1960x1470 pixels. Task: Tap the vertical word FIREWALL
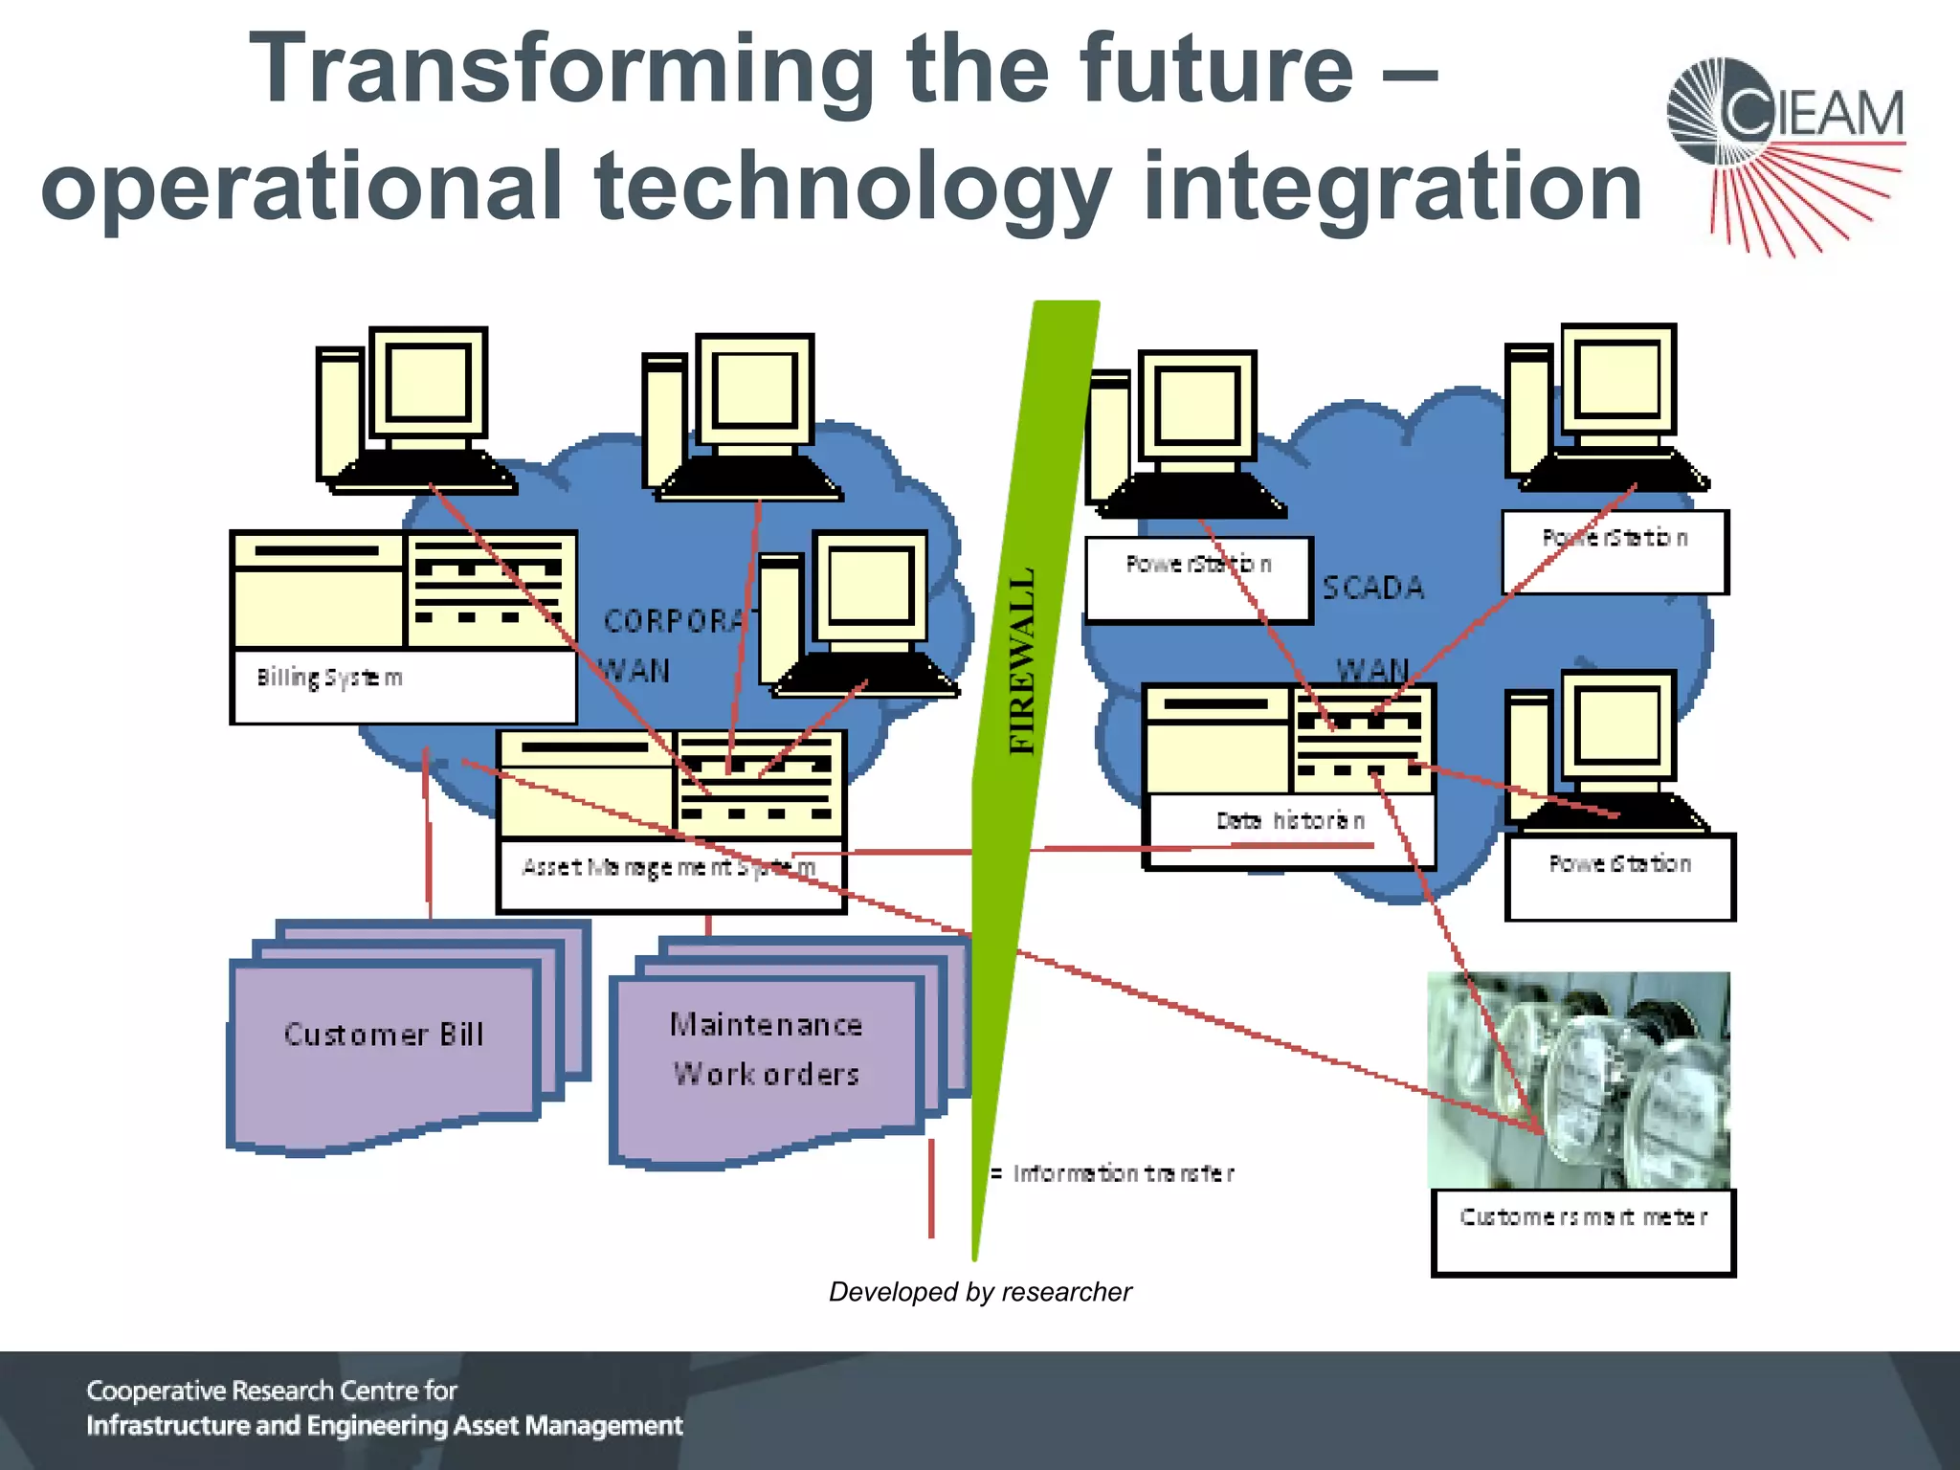pos(1023,660)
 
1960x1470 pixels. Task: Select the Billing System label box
pos(402,684)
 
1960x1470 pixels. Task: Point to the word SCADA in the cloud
pos(1373,587)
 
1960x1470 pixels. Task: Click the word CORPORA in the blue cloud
pos(675,621)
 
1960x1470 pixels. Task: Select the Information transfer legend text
pos(1124,1173)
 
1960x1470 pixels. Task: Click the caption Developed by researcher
pos(979,1292)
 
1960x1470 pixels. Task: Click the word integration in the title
pos(1392,187)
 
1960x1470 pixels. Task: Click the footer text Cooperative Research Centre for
pos(272,1390)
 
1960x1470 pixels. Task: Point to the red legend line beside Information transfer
pos(931,1187)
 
